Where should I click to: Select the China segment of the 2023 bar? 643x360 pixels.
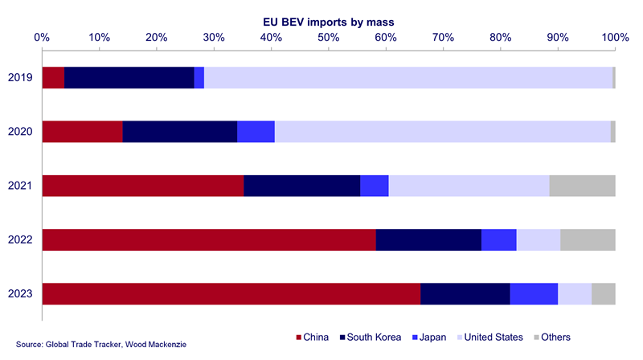[x=231, y=294]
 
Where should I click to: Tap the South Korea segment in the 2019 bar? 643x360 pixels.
[x=129, y=77]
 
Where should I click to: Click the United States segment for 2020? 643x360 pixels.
[x=442, y=131]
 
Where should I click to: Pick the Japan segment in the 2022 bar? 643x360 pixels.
[x=498, y=239]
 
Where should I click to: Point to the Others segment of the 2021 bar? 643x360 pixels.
[x=582, y=186]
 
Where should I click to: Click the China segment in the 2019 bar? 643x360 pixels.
[x=53, y=77]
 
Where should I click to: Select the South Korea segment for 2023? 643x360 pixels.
[x=465, y=294]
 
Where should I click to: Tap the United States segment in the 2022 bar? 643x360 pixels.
[x=538, y=239]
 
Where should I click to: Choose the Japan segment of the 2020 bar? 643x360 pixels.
[x=256, y=131]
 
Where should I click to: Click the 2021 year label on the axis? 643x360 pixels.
[x=20, y=186]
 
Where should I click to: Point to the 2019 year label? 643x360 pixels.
[x=20, y=77]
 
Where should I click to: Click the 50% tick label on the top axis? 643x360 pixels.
[x=328, y=37]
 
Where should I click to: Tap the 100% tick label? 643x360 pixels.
[x=615, y=37]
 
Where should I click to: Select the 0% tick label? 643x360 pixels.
[x=42, y=37]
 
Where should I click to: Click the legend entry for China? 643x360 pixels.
[x=314, y=337]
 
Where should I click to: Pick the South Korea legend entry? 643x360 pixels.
[x=375, y=337]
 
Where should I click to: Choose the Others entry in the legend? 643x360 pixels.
[x=554, y=337]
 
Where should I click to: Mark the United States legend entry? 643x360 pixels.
[x=489, y=337]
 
